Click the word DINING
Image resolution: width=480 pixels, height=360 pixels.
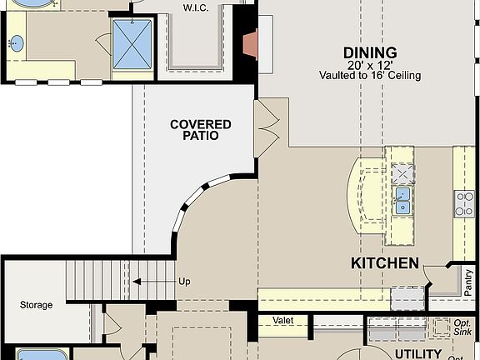pos(369,52)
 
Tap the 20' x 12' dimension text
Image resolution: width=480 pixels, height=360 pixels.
pos(369,64)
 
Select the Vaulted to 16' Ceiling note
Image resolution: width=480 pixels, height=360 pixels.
pos(369,75)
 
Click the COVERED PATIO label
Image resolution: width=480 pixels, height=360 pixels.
pos(201,130)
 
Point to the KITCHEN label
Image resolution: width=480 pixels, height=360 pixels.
pos(384,264)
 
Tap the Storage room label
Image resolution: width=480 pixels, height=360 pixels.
pos(37,305)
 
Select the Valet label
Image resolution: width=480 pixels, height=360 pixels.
pos(283,320)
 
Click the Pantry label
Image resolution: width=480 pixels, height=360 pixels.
pos(469,282)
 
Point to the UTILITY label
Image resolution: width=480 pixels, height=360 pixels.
pos(417,353)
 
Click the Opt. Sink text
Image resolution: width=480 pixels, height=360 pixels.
pos(462,327)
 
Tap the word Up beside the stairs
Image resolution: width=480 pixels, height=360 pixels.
pos(184,282)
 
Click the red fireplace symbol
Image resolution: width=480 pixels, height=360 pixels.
pos(249,43)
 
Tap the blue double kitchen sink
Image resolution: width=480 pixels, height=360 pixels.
pos(402,201)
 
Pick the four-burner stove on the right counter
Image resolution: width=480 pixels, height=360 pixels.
pos(464,202)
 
